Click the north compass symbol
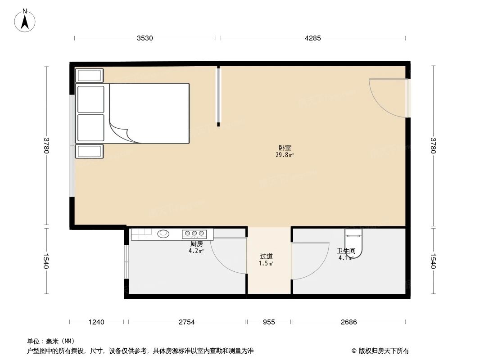coord(25,20)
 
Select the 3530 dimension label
coord(145,38)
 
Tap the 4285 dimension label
coord(312,38)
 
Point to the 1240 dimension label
coord(96,322)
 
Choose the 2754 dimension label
coord(187,322)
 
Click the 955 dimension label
coord(269,322)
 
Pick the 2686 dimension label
coord(349,322)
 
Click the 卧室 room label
coord(285,148)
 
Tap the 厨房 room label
coord(196,243)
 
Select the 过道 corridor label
coord(267,256)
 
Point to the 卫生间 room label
coord(346,251)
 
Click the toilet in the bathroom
coord(353,243)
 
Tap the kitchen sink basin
coord(163,234)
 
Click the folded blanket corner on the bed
coord(123,133)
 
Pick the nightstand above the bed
coord(89,75)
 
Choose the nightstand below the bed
coord(89,151)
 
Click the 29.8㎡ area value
coord(285,155)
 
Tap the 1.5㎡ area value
coord(266,264)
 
